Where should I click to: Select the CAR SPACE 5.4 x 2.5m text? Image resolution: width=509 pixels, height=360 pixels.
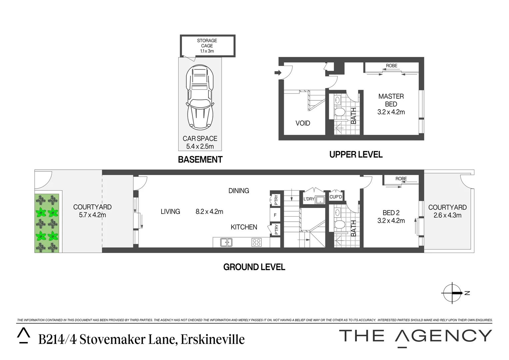200,142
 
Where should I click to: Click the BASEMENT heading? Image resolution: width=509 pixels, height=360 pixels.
200,160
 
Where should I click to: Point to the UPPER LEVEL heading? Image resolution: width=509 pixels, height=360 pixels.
356,155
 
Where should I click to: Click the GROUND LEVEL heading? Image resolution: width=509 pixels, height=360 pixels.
254,267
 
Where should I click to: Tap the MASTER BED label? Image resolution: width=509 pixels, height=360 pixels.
391,100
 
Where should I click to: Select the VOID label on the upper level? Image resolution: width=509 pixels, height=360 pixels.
303,123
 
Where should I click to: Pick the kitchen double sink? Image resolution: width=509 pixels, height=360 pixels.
226,242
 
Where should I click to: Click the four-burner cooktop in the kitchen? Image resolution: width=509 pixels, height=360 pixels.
256,242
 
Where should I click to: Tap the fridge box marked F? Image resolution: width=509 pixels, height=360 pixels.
275,215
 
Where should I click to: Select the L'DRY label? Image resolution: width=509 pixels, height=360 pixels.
309,199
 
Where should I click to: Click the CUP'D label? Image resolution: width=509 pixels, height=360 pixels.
335,197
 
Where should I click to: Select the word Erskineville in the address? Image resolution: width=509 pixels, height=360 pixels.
213,339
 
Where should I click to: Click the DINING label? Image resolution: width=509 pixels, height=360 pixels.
239,191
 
